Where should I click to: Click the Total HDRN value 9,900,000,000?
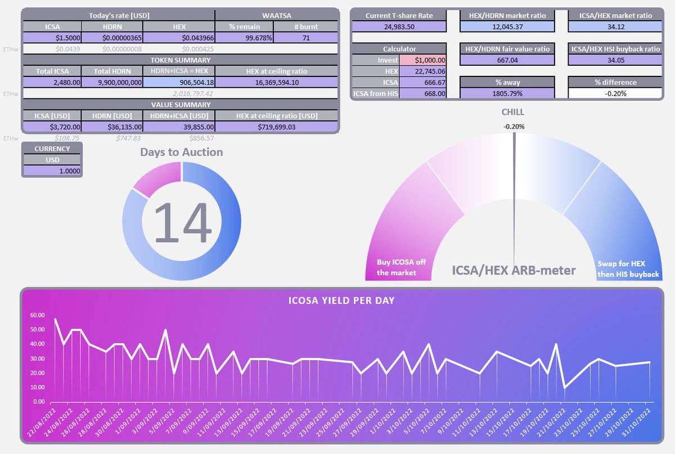(x=112, y=82)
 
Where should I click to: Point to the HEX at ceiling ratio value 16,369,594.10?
(x=276, y=82)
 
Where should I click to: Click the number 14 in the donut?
(x=182, y=223)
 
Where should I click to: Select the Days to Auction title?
(x=181, y=152)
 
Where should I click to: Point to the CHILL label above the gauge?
(x=514, y=112)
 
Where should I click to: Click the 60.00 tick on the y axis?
(x=37, y=315)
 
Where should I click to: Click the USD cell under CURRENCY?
(x=52, y=160)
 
